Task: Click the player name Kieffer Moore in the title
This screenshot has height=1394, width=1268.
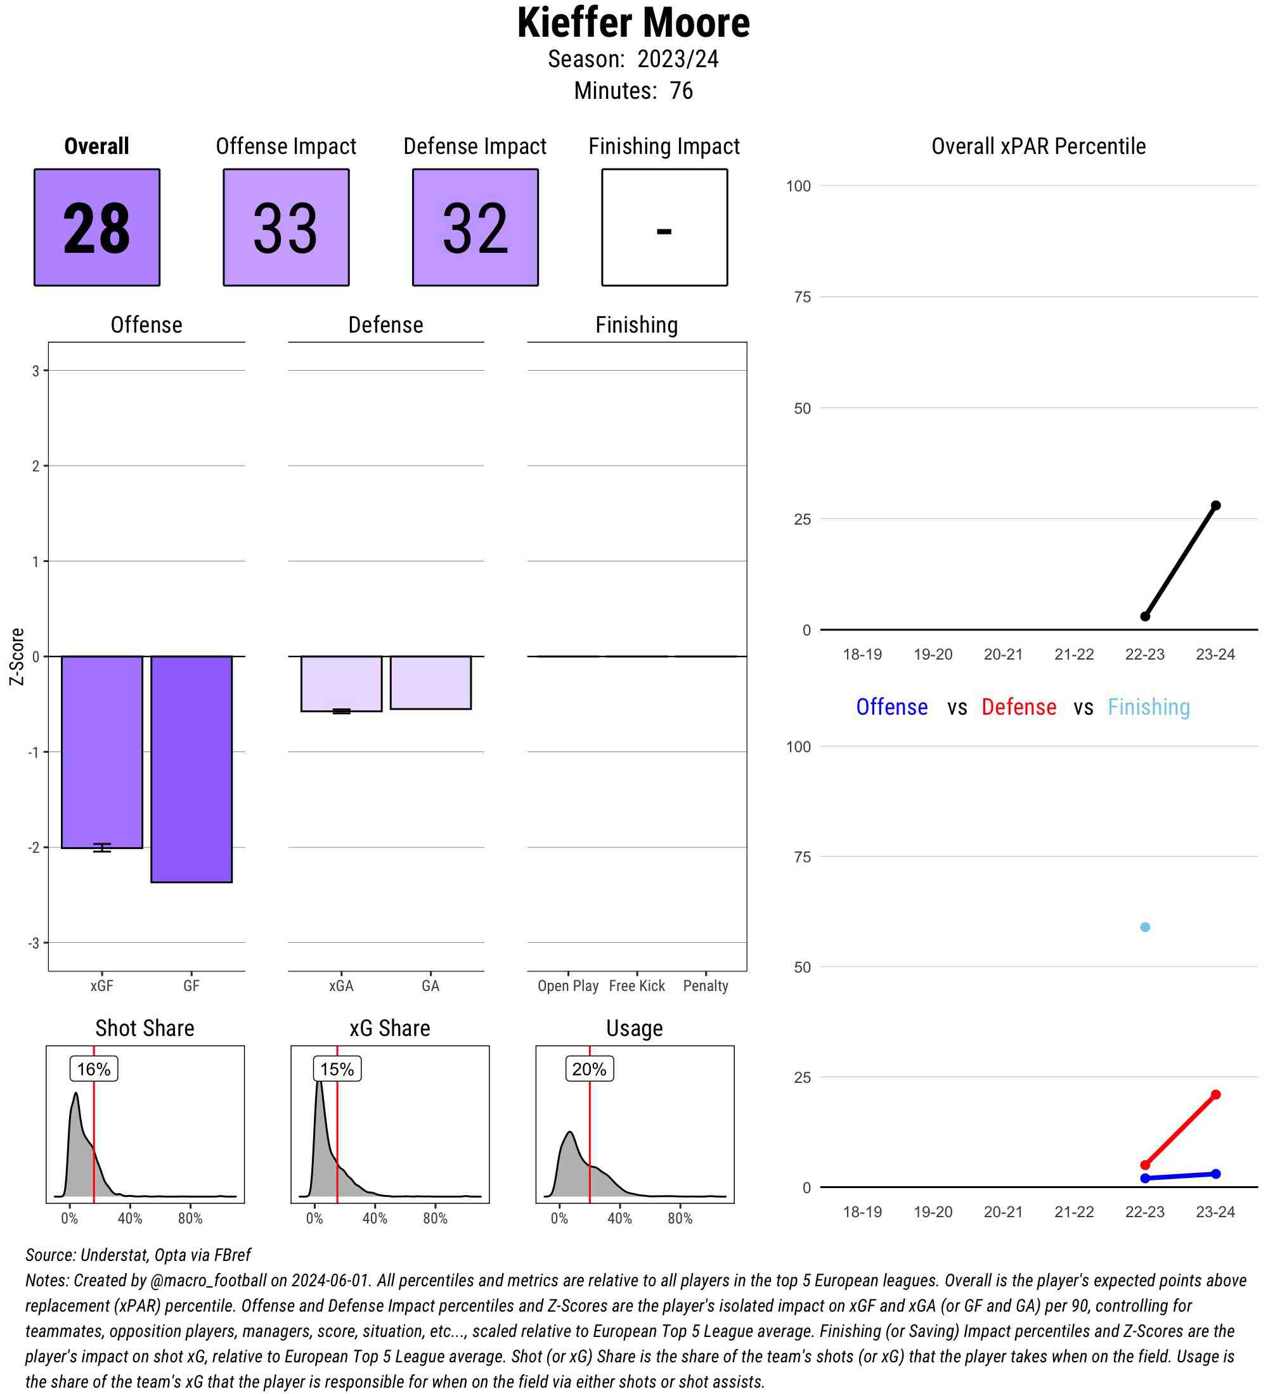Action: point(633,23)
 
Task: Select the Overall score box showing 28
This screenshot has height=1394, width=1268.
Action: point(97,227)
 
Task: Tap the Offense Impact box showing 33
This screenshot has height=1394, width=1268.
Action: point(286,227)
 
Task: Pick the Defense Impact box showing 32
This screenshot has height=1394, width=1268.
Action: point(475,227)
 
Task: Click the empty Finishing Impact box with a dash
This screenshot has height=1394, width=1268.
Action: point(664,227)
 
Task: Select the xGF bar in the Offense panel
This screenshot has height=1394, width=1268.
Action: point(101,751)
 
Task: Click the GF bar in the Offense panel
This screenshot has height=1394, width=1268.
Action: point(191,769)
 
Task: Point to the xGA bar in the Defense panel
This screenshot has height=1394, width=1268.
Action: point(341,683)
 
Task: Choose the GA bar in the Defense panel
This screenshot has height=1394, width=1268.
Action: point(430,682)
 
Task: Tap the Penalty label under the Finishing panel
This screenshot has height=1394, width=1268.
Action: point(706,986)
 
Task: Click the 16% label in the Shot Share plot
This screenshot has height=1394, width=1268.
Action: point(93,1069)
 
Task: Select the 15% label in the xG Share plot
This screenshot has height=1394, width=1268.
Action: point(337,1069)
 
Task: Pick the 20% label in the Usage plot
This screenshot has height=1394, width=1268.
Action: point(590,1069)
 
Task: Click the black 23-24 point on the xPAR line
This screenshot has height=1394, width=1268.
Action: point(1215,506)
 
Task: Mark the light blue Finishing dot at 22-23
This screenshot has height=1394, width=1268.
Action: point(1145,927)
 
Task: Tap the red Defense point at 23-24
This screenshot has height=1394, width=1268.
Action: point(1215,1094)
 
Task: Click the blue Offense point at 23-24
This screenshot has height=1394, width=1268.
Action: point(1215,1173)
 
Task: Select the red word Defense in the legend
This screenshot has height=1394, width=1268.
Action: point(1019,707)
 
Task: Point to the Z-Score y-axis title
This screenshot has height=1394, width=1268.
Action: point(17,656)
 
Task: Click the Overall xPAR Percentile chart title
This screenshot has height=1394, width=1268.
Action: point(1038,146)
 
